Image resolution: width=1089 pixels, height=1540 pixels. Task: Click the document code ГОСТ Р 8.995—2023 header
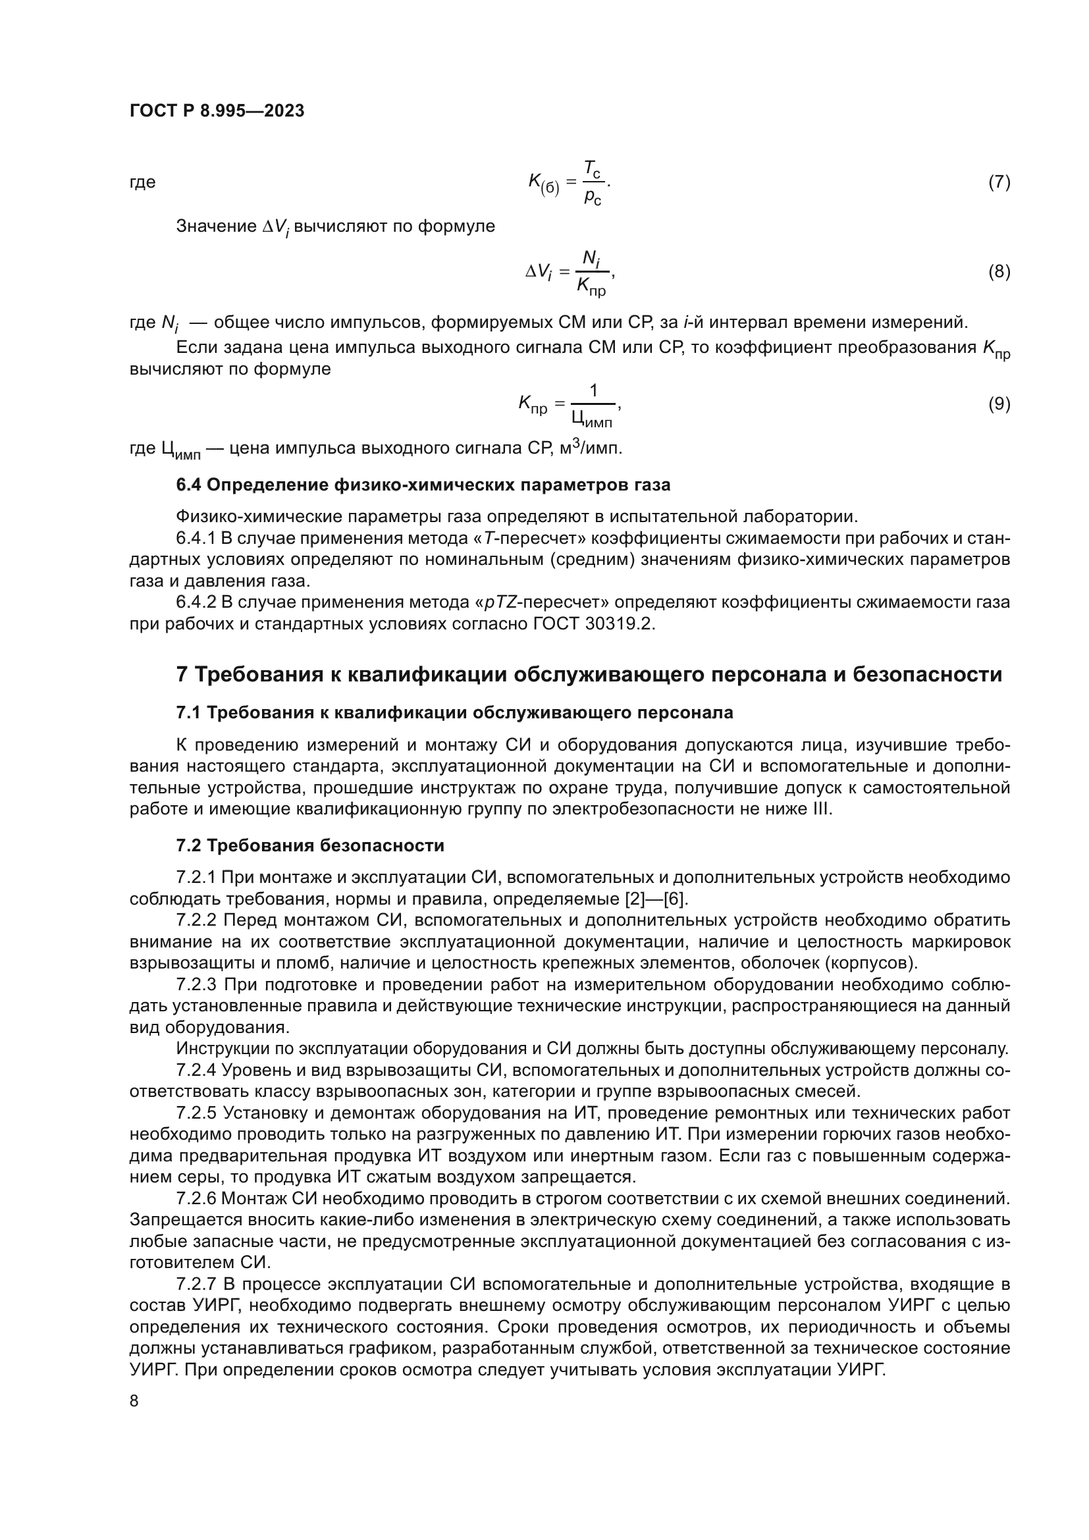point(217,111)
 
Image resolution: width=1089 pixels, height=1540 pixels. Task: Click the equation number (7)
point(999,182)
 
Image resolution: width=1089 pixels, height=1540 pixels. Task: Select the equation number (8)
point(999,272)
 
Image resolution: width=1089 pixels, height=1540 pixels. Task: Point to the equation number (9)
point(999,404)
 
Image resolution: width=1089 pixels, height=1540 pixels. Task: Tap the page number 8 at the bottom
point(134,1400)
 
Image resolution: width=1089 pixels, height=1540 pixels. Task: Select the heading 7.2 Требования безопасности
point(310,845)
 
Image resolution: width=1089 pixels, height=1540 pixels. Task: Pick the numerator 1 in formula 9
point(593,390)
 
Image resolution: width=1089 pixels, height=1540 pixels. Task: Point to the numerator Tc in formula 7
point(591,168)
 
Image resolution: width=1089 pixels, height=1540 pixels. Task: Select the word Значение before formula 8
point(216,226)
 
